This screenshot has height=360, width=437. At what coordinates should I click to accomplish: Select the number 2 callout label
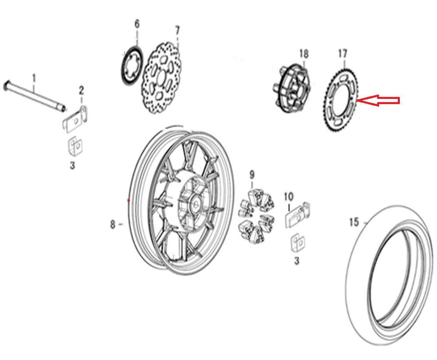pyautogui.click(x=81, y=91)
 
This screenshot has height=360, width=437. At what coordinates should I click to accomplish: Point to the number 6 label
pyautogui.click(x=137, y=24)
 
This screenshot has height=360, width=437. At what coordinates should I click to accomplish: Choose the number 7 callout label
pyautogui.click(x=177, y=31)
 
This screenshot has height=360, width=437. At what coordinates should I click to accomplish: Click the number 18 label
pyautogui.click(x=304, y=53)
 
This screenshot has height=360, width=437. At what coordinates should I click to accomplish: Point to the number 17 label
pyautogui.click(x=343, y=53)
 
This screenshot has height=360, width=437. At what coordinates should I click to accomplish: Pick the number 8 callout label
pyautogui.click(x=113, y=224)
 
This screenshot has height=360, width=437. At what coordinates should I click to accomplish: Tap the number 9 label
pyautogui.click(x=252, y=175)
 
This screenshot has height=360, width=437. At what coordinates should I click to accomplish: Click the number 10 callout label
pyautogui.click(x=289, y=197)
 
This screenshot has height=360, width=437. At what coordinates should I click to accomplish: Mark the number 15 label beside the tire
pyautogui.click(x=354, y=222)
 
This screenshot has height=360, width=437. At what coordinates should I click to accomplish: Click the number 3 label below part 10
pyautogui.click(x=297, y=261)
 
